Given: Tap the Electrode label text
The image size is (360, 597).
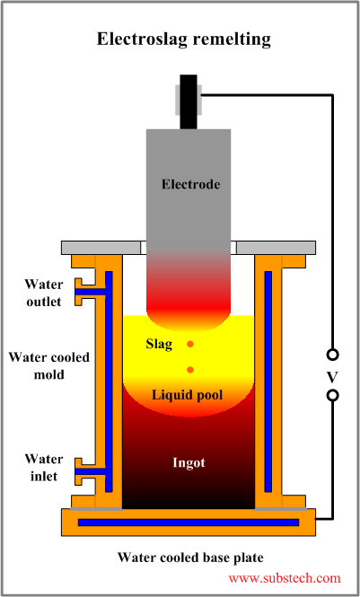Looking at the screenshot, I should point(189,185).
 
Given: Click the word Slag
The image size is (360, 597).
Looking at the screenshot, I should point(160,345).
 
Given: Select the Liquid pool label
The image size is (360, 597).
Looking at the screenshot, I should point(189,394).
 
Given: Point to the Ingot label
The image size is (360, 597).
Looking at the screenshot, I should point(189,463).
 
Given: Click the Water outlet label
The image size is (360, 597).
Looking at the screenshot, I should point(43,293).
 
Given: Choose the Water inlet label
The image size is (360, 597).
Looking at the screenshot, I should point(43,468).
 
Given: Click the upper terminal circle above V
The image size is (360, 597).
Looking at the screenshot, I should point(332,355).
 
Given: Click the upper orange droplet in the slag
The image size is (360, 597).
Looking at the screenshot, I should point(189,345).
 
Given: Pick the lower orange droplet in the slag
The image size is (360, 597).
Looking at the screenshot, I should point(189,370).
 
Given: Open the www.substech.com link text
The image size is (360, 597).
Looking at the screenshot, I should point(285,579).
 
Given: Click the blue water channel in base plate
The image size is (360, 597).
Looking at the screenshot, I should point(189,522).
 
